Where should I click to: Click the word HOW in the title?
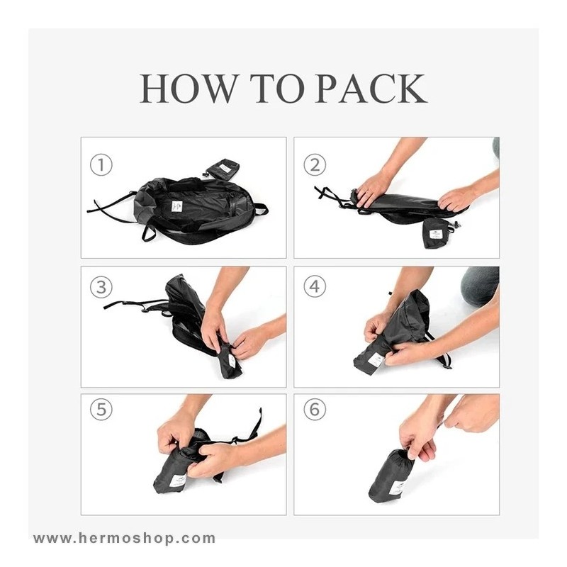(187, 89)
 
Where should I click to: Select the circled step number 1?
(101, 165)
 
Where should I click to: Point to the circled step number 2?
(315, 165)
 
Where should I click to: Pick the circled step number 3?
(101, 287)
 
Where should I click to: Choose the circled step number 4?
(315, 287)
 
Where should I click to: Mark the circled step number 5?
(101, 410)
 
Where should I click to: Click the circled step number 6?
(315, 410)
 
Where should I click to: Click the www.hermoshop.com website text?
(125, 538)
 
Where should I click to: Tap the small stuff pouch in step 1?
(223, 168)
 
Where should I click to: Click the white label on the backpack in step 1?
(177, 206)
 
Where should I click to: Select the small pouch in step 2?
(437, 233)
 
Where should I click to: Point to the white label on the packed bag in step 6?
(398, 487)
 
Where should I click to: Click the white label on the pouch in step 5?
(178, 481)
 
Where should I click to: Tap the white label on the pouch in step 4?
(376, 361)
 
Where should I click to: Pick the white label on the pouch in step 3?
(232, 360)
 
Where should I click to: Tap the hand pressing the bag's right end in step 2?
(456, 200)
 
